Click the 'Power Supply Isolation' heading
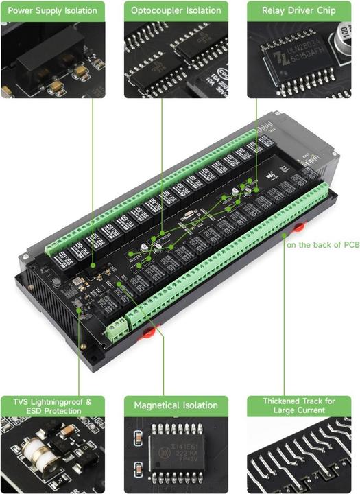click(52, 10)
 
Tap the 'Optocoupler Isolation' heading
click(176, 10)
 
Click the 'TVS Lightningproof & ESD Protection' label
click(52, 405)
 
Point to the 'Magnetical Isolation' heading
click(176, 405)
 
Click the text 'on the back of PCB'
click(322, 244)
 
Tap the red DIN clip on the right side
click(300, 227)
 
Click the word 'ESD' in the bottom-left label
click(32, 411)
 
